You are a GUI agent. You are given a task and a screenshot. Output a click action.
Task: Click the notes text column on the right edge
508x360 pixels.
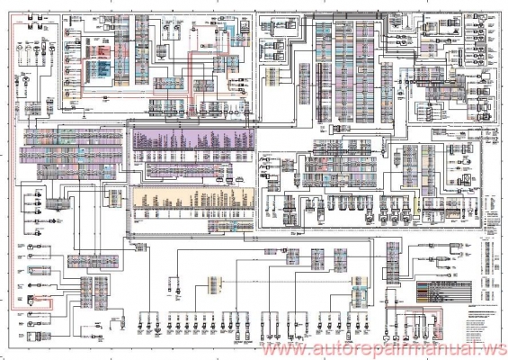[x=493, y=261]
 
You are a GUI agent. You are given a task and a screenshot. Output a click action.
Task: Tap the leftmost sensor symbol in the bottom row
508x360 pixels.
[x=144, y=319]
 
